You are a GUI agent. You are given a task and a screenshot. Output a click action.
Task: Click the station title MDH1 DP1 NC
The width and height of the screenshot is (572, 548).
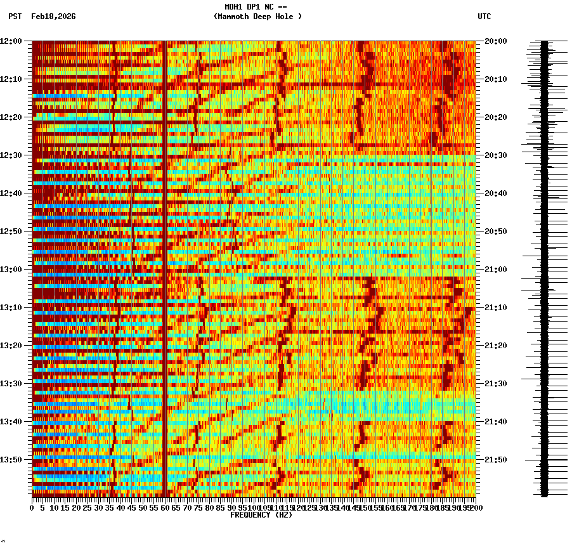[251, 7]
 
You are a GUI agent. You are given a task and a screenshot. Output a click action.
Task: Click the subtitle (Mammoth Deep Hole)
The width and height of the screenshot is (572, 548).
[257, 16]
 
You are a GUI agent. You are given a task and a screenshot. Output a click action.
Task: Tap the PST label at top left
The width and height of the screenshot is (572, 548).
[15, 16]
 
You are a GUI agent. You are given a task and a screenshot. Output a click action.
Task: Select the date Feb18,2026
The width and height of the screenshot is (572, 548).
[53, 16]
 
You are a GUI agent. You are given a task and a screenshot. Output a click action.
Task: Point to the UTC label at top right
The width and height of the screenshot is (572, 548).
[484, 16]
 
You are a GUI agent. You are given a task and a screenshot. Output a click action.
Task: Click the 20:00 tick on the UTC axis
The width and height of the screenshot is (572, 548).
[496, 41]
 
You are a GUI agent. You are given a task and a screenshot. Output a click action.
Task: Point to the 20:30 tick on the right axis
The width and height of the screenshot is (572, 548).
[496, 155]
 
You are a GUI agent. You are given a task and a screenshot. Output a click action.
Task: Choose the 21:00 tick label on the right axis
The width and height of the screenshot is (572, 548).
[496, 270]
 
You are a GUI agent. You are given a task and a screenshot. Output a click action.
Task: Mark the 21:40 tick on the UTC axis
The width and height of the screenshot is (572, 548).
[496, 422]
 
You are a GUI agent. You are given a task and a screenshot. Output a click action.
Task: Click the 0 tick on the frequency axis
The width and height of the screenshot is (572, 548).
[32, 508]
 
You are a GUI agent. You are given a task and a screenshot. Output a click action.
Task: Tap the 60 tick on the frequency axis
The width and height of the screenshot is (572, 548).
[165, 508]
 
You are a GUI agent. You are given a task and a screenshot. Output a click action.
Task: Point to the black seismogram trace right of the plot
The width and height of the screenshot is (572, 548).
[544, 266]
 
